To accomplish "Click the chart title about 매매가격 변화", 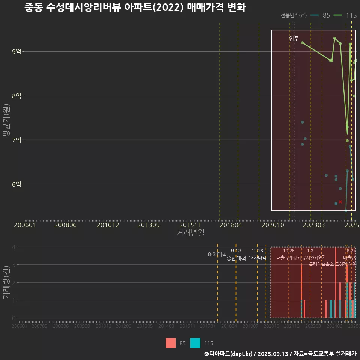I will click(x=135, y=7).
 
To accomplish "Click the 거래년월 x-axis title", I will click(x=190, y=232).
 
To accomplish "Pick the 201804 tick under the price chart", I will click(x=230, y=225).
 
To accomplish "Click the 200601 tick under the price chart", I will click(x=25, y=225).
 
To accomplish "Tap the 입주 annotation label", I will click(x=294, y=39).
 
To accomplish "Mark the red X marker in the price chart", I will click(x=340, y=202).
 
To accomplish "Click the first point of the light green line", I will click(x=302, y=43).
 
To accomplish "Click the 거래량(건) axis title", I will click(x=6, y=283).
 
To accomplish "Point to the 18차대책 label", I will click(x=257, y=258).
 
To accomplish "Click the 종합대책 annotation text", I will click(x=236, y=258).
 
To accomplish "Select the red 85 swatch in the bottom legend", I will click(x=171, y=343).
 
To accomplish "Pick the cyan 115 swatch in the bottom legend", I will click(x=195, y=343).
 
